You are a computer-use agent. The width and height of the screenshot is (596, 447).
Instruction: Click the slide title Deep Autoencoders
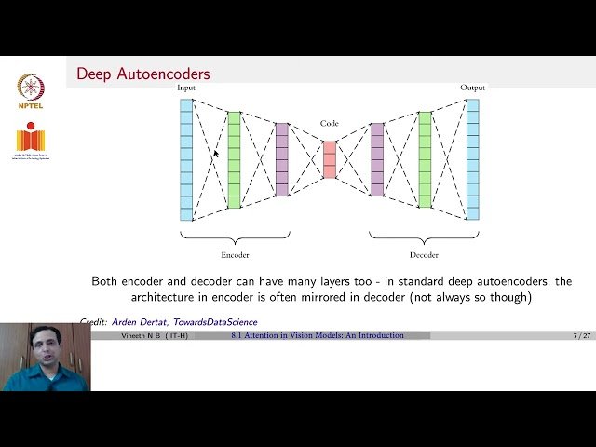142,74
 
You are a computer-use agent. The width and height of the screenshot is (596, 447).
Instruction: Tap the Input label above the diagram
186,88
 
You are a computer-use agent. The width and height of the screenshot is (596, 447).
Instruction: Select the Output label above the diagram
472,88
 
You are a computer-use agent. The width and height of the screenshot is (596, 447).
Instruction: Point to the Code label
330,123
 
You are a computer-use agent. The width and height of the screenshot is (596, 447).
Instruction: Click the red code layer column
330,159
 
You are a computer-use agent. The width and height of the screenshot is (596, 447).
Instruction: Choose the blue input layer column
186,158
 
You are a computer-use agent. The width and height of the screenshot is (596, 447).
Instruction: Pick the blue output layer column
472,158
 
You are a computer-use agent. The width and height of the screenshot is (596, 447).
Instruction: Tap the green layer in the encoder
234,159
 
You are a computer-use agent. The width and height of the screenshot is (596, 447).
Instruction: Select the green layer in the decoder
425,159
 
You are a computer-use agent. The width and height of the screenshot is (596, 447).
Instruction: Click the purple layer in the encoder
281,159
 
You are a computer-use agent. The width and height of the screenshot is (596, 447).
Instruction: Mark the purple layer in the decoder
377,159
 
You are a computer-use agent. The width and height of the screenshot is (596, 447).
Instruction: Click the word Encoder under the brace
235,254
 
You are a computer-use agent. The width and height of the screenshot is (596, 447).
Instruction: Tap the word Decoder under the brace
425,254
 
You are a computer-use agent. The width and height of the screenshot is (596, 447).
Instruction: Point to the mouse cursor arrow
216,155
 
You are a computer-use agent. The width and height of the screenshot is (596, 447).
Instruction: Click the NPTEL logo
31,91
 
